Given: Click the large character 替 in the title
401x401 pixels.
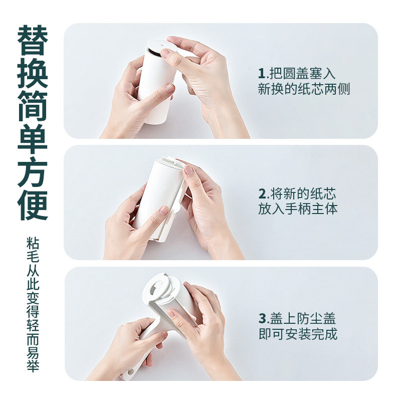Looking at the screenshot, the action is click(33, 41).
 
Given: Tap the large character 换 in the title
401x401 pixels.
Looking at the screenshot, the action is click(33, 73).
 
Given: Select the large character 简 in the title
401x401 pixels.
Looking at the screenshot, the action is click(33, 106).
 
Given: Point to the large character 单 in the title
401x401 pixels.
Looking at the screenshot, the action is click(33, 139).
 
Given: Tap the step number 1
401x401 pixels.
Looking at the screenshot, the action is click(261, 74).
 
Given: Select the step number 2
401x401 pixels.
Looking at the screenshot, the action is click(262, 194).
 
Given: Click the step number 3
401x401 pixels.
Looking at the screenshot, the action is click(262, 319).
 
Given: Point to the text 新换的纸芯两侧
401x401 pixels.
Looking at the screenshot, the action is click(304, 89).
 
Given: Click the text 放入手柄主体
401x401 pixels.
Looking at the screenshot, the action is click(298, 209).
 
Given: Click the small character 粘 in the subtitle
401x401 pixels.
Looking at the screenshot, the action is click(33, 243).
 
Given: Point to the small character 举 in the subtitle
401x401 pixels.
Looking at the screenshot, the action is click(33, 365).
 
